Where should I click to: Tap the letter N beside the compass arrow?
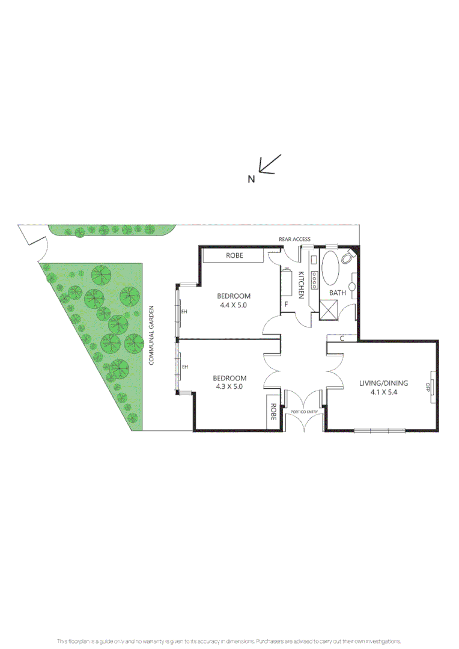coord(252,178)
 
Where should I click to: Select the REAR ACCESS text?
coord(294,239)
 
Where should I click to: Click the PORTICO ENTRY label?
coord(303,412)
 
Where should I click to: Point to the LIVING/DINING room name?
coord(384,383)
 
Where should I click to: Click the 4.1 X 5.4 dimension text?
coord(384,392)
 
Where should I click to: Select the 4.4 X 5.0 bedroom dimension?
coord(233,305)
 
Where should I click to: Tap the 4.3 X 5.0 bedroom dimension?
coord(228,387)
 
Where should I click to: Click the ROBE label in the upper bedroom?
coord(234,255)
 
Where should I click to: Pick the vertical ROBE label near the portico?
coord(273,412)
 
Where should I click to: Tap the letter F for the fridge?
coord(287,305)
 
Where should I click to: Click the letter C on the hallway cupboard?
coord(341,338)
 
